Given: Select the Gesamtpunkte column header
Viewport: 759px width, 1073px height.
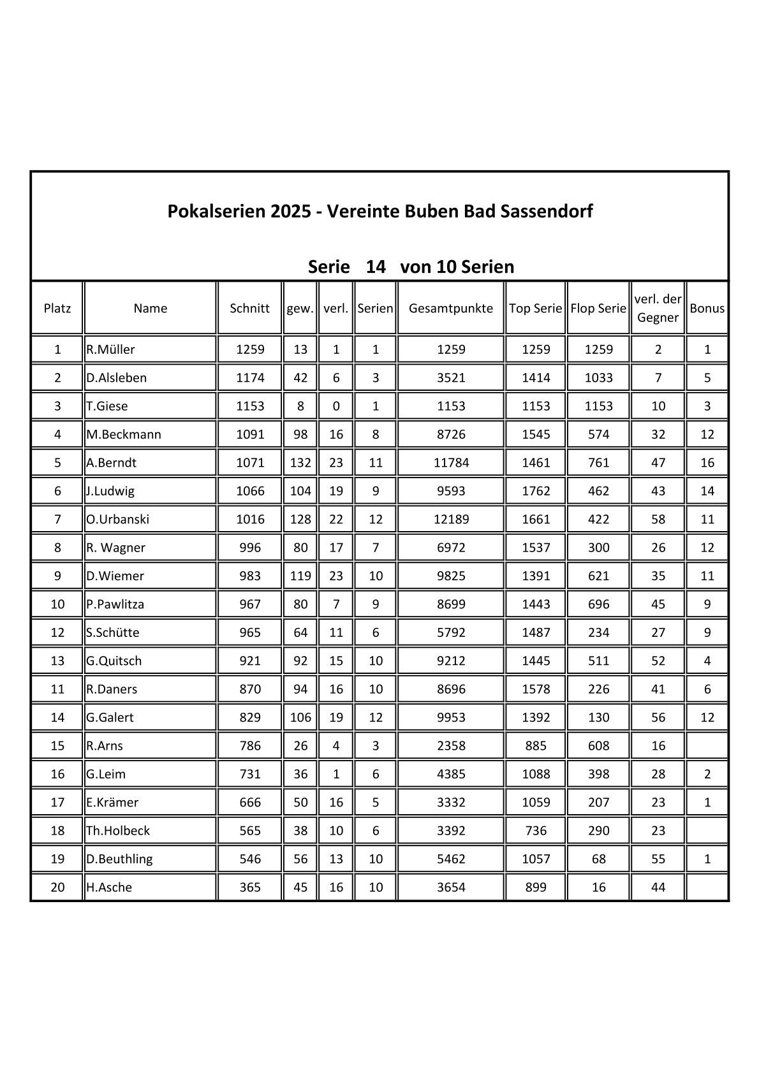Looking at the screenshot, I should pyautogui.click(x=451, y=309).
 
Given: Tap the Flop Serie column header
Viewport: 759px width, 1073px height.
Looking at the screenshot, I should pyautogui.click(x=598, y=309).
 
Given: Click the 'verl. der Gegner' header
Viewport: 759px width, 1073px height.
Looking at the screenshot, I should pyautogui.click(x=658, y=309).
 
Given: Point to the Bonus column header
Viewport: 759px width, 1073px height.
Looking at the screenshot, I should pyautogui.click(x=707, y=309).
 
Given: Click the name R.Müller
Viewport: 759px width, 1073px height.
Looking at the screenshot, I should pyautogui.click(x=111, y=349).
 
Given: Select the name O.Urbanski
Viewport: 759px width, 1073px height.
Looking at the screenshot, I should pyautogui.click(x=118, y=519).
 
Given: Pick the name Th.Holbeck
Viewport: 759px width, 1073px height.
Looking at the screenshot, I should pyautogui.click(x=118, y=831).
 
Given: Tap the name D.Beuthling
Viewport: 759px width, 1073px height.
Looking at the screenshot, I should pyautogui.click(x=120, y=859).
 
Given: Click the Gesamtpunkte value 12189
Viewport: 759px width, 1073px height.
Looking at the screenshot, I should pyautogui.click(x=451, y=519).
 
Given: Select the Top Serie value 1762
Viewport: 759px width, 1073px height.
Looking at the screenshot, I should pyautogui.click(x=536, y=491).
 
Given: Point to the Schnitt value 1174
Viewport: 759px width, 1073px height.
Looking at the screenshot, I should pyautogui.click(x=250, y=377).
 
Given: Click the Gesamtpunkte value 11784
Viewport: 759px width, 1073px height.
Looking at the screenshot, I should pyautogui.click(x=451, y=463).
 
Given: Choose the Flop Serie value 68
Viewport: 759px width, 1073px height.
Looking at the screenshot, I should pyautogui.click(x=598, y=859).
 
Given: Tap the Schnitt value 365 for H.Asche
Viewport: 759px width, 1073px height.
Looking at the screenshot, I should pyautogui.click(x=250, y=887).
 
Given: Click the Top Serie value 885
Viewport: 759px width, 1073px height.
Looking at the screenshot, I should pyautogui.click(x=536, y=745).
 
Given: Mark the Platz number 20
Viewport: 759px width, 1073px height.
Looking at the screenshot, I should pyautogui.click(x=57, y=887).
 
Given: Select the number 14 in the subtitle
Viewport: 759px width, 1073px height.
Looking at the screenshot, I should pyautogui.click(x=376, y=266).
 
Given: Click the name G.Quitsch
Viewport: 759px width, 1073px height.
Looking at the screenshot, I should pyautogui.click(x=114, y=661).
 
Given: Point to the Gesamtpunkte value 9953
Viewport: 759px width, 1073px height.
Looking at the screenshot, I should pyautogui.click(x=451, y=717).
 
